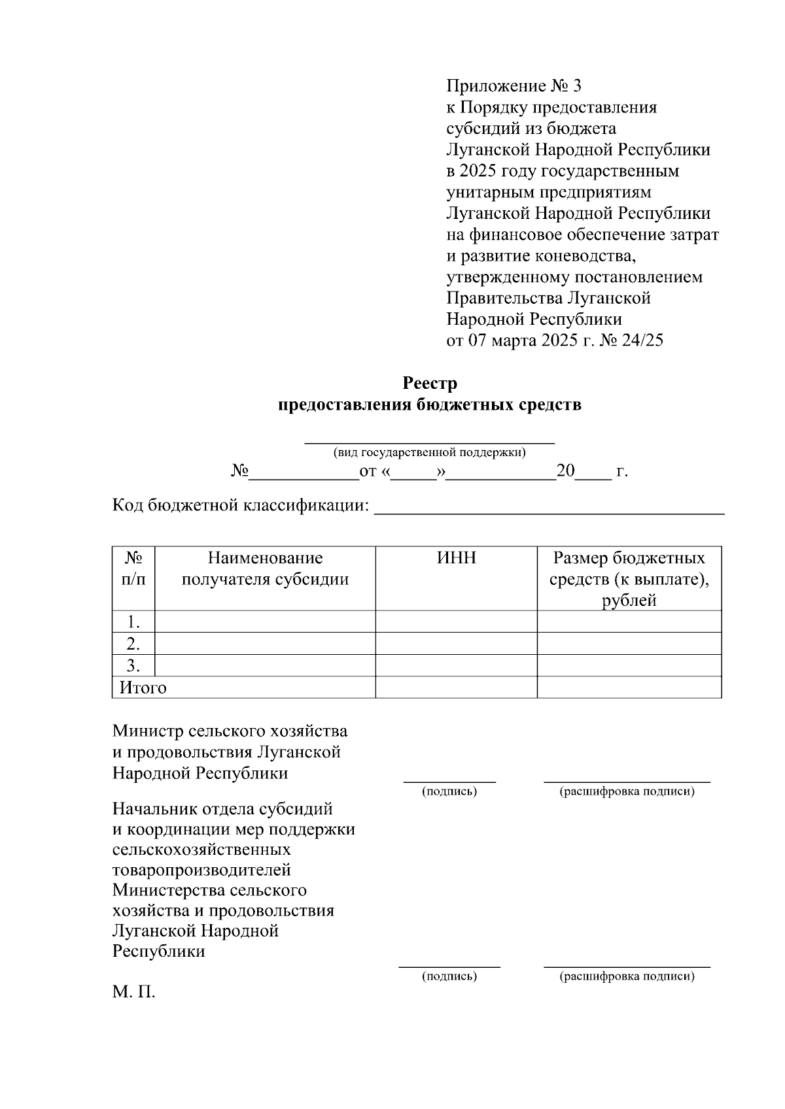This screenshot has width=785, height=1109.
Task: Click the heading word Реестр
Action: pos(430,383)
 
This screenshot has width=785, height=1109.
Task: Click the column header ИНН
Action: pos(456,558)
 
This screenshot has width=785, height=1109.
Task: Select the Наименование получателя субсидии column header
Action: pos(265,569)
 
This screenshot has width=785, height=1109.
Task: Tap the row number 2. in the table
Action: pos(133,644)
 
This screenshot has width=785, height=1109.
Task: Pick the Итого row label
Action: pos(143,687)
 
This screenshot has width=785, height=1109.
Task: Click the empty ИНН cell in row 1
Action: pos(456,621)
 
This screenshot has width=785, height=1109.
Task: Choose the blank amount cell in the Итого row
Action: pos(629,687)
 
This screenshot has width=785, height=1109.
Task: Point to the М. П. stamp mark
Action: pos(133,993)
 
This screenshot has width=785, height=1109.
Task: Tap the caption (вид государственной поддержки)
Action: pos(430,452)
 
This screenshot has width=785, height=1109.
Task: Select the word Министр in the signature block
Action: pos(148,731)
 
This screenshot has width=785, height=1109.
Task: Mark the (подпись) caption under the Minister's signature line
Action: pos(449,791)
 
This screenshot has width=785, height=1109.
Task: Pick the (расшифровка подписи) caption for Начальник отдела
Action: pos(627,976)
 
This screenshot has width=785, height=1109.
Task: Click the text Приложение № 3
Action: pos(513,86)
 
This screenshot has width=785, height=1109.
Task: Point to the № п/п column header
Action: pos(133,569)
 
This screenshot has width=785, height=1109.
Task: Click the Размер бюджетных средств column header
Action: pos(629,578)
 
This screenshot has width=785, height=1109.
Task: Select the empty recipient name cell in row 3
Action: pos(265,665)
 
